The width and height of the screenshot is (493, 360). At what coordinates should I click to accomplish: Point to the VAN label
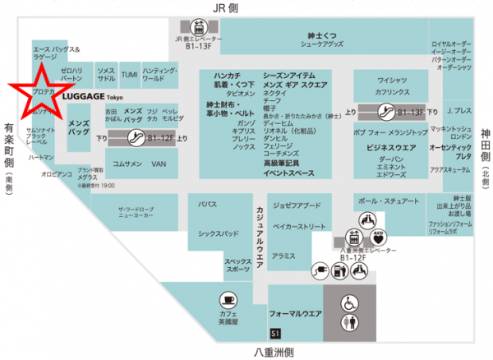click(x=159, y=164)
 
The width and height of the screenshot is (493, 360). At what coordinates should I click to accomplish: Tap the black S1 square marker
click(x=275, y=332)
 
